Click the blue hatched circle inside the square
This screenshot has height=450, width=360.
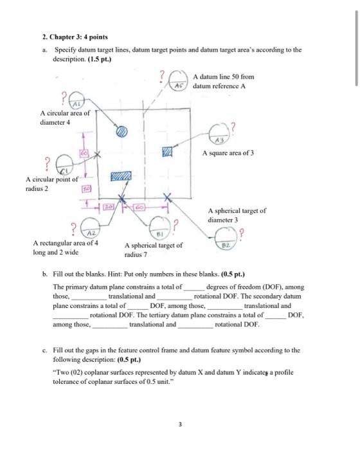pos(122,130)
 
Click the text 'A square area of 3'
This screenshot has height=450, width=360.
pos(228,154)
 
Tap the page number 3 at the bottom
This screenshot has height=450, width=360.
pos(181,424)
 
